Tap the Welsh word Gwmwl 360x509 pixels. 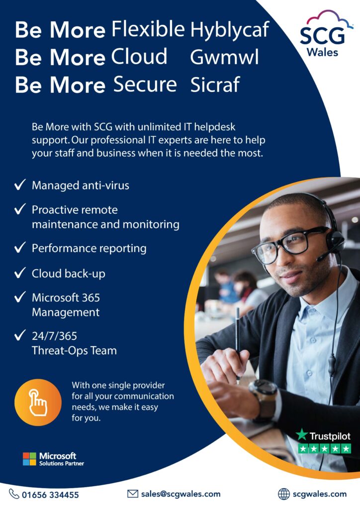pyautogui.click(x=224, y=57)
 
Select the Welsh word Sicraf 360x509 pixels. pyautogui.click(x=215, y=85)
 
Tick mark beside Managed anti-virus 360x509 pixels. pyautogui.click(x=20, y=184)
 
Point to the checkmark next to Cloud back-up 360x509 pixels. pyautogui.click(x=20, y=273)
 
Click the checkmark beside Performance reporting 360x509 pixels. pyautogui.click(x=20, y=248)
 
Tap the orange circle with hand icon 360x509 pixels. pyautogui.click(x=38, y=403)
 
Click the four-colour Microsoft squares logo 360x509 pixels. pyautogui.click(x=29, y=459)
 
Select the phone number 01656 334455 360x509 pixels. pyautogui.click(x=50, y=495)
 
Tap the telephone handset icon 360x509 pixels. pyautogui.click(x=14, y=494)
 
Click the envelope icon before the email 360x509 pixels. pyautogui.click(x=132, y=494)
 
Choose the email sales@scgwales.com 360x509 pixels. pyautogui.click(x=180, y=494)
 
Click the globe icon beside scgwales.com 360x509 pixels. pyautogui.click(x=284, y=494)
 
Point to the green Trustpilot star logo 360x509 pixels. pyautogui.click(x=301, y=434)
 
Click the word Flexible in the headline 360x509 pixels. pyautogui.click(x=148, y=29)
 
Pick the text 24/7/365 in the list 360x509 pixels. pyautogui.click(x=54, y=336)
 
